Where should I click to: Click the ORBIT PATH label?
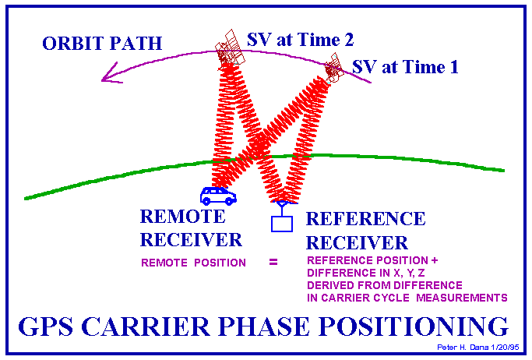(102, 43)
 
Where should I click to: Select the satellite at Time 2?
(229, 48)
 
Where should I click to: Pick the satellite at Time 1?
(333, 69)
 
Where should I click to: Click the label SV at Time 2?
(300, 40)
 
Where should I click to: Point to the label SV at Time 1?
(405, 67)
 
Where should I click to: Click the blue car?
(218, 196)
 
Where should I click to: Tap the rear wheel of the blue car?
(206, 202)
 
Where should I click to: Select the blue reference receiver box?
(282, 224)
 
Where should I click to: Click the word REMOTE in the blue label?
(182, 217)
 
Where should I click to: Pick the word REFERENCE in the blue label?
(365, 219)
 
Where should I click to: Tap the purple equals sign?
(273, 262)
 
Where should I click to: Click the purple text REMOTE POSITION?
(193, 263)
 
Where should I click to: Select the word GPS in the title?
(45, 326)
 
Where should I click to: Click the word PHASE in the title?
(263, 326)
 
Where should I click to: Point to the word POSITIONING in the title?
(414, 326)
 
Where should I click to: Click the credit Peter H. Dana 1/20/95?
(478, 347)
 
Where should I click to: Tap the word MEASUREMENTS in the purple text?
(461, 298)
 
